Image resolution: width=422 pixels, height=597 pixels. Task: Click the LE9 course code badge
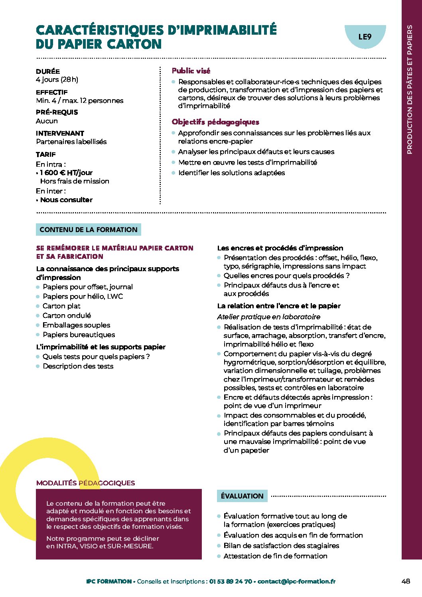point(365,37)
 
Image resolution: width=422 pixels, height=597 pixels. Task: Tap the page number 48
point(406,581)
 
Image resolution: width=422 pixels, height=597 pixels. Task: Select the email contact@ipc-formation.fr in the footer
point(296,581)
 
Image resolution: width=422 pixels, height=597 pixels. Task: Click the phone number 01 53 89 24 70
point(231,581)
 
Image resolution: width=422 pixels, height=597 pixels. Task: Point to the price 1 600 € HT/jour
point(66,173)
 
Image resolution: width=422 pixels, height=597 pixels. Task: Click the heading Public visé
point(191,71)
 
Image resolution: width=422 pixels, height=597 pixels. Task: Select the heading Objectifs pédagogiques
point(215,122)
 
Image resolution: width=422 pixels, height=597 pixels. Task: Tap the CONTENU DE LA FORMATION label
point(89,230)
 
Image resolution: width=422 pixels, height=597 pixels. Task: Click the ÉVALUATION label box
point(242,496)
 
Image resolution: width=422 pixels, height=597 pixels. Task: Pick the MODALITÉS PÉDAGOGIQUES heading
point(85,483)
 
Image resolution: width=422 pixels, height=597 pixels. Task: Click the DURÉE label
point(48,71)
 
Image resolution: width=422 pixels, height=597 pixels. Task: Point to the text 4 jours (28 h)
point(57,79)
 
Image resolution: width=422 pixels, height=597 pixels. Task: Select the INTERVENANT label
point(60,133)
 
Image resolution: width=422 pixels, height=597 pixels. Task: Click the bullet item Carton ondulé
point(67,315)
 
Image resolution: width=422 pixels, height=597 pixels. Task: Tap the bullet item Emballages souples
point(76,325)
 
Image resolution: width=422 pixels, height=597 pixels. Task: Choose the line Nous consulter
point(66,200)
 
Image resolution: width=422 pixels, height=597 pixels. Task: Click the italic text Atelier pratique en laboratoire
point(268,317)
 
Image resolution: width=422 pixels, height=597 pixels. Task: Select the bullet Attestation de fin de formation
point(275,556)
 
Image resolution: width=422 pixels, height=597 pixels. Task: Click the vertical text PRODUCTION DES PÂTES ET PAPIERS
point(410,89)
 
